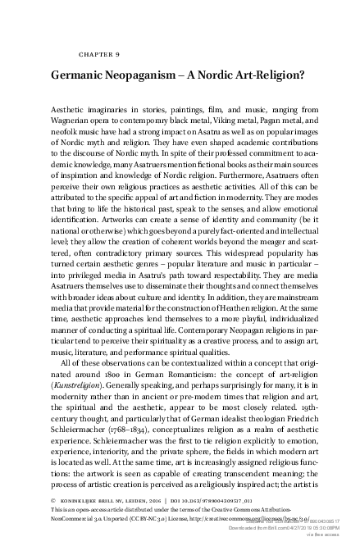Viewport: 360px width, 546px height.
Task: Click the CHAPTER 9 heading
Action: coord(99,54)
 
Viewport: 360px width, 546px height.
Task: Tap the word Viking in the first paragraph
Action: coord(208,121)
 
